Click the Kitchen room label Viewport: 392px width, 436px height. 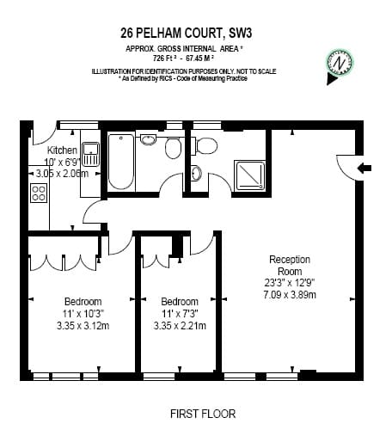[62, 150]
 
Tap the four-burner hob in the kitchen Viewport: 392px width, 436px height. [39, 193]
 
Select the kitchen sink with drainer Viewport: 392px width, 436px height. [90, 155]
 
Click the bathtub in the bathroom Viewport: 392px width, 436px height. [121, 163]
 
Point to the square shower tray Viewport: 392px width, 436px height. [249, 175]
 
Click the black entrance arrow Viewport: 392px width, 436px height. [364, 168]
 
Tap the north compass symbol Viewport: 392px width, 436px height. [340, 64]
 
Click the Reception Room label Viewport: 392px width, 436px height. [290, 265]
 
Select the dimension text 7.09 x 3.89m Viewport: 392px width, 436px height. [290, 295]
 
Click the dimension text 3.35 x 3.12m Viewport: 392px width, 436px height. [83, 326]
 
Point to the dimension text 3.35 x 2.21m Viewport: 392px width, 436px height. [180, 326]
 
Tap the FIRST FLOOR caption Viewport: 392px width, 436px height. [203, 414]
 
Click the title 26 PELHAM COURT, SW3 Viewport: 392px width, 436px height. [187, 33]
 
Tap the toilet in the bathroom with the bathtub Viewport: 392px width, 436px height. [173, 147]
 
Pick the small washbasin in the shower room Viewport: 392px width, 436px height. [197, 173]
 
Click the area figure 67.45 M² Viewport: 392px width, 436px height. [200, 58]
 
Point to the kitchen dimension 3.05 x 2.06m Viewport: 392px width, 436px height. [62, 174]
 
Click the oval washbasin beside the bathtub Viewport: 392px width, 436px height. [148, 139]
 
